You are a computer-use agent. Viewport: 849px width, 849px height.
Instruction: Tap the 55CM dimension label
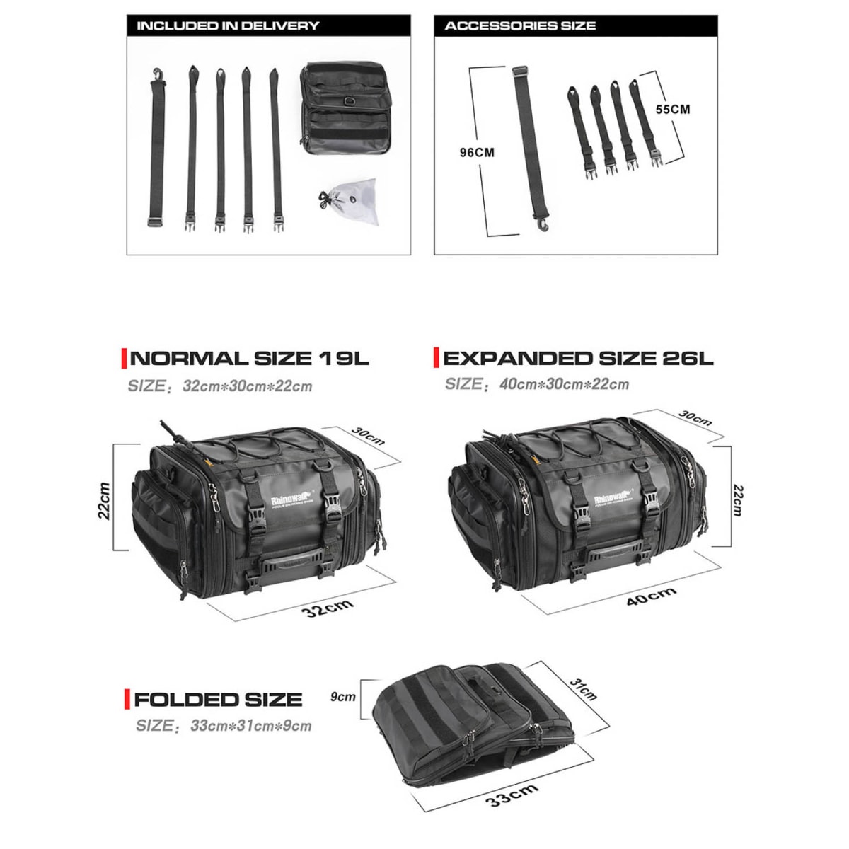click(671, 110)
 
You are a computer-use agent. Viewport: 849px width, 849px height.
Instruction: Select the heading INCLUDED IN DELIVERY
click(227, 26)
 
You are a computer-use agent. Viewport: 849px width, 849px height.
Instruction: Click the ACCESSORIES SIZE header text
click(520, 26)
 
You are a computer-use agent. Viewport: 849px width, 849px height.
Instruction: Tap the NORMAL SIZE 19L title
click(250, 358)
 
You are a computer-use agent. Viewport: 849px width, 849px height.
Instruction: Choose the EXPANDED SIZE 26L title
click(578, 358)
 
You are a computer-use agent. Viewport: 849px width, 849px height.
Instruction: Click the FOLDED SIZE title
click(218, 700)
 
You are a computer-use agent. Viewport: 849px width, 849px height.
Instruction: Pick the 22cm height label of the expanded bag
click(738, 499)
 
